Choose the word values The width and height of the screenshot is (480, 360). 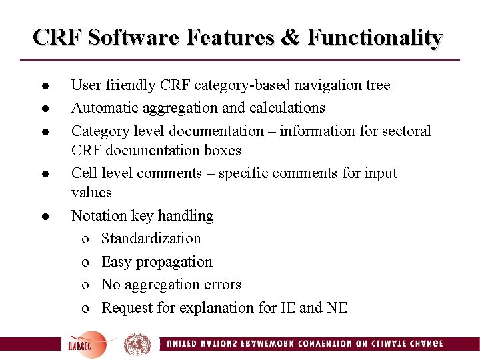91,193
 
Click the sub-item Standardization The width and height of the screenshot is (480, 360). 151,239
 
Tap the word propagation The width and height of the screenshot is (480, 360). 176,262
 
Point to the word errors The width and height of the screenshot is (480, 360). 221,285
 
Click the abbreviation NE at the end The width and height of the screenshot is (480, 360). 337,308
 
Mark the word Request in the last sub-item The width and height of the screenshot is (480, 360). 127,308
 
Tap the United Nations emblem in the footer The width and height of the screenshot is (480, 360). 137,344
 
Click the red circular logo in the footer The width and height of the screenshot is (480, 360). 87,344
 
